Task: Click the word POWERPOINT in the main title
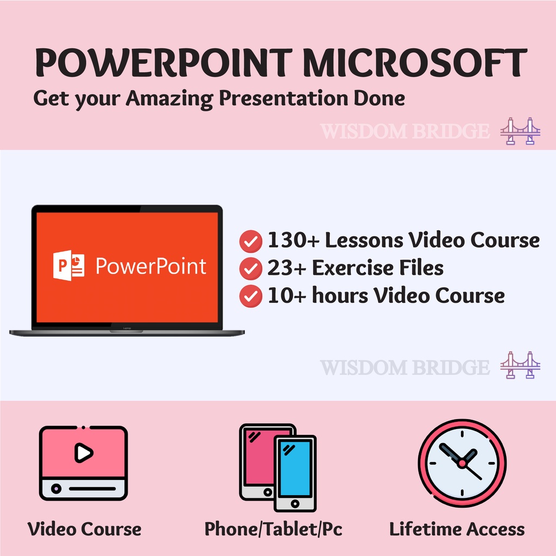(x=163, y=63)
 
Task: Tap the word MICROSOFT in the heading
(x=415, y=63)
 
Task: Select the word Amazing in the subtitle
(x=169, y=99)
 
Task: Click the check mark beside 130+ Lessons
(x=251, y=241)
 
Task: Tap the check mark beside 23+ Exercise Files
(x=251, y=268)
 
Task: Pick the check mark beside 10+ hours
(x=251, y=296)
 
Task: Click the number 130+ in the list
(x=294, y=240)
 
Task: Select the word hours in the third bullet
(x=340, y=295)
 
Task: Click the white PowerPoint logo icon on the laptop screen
(x=69, y=265)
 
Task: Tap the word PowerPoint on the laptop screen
(x=151, y=266)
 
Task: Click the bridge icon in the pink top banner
(x=520, y=131)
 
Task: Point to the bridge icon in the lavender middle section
(x=520, y=365)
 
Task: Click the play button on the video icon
(x=83, y=452)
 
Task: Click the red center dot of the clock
(x=462, y=463)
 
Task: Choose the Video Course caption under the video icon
(x=84, y=529)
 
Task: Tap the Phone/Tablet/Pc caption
(x=274, y=529)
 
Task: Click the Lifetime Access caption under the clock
(x=457, y=529)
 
